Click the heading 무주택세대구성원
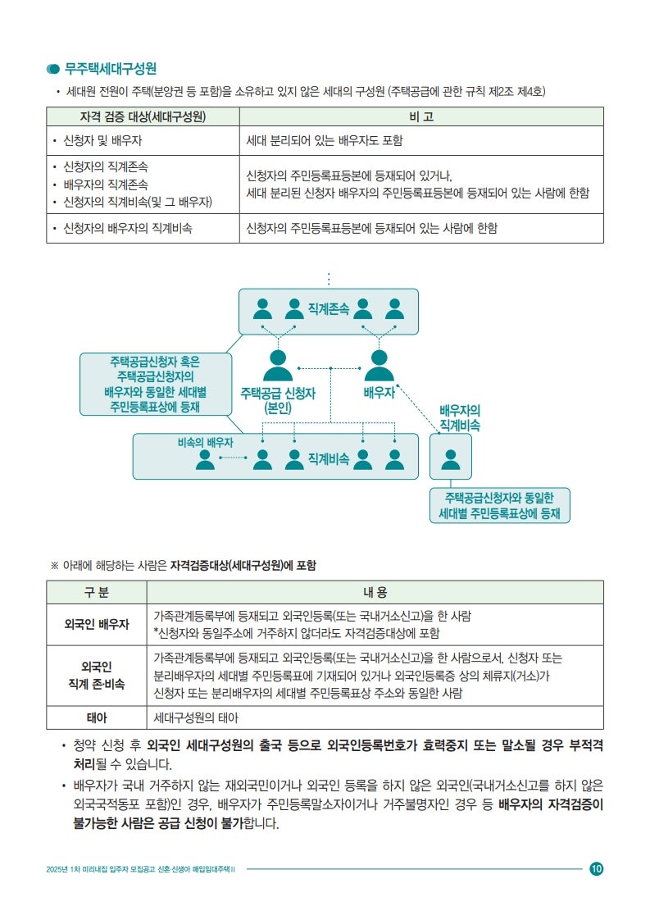coord(111,69)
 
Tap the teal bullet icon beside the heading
coord(52,69)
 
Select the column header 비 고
coord(421,116)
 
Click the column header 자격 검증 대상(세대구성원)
coord(143,116)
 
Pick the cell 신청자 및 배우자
coord(102,141)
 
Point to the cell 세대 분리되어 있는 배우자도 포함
coord(325,141)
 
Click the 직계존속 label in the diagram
coord(329,308)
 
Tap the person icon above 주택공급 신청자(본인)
coord(278,365)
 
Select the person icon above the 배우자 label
coord(379,365)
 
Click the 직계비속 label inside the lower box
coord(329,459)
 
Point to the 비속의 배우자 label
coord(205,443)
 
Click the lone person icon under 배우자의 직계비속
coord(451,459)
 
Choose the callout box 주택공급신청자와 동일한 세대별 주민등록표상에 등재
coord(500,505)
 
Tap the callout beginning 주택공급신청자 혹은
coord(156,385)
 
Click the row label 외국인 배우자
coord(97,624)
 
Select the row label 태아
coord(97,717)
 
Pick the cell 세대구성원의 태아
coord(196,717)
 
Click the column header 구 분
coord(97,593)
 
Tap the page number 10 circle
coord(597,869)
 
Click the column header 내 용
coord(375,593)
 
